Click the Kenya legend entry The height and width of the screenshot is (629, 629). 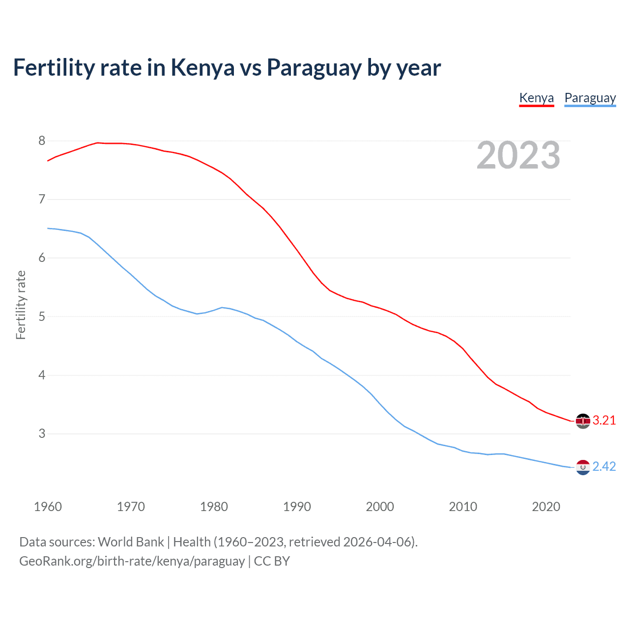coord(536,98)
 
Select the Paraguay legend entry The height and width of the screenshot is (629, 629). coord(590,98)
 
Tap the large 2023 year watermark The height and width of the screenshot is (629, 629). coord(518,155)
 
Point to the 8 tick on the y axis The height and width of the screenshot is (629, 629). coord(42,141)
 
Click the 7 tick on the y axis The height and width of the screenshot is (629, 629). coord(42,200)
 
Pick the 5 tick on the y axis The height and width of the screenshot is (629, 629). coord(42,316)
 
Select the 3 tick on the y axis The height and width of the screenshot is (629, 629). coord(42,433)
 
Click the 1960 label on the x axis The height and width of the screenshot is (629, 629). coord(48,507)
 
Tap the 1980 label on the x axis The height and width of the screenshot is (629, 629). coord(214,507)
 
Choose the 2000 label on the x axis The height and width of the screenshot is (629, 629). coord(380,507)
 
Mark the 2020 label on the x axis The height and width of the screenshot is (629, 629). coord(546,507)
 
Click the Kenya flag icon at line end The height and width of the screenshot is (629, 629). coord(583,421)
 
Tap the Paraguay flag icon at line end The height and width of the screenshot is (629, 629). coord(583,467)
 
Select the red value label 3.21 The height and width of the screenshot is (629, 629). coord(604,421)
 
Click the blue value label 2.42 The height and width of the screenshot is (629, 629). coord(604,467)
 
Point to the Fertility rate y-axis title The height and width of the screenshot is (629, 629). coord(21,305)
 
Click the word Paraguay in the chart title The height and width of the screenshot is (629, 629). coord(314,68)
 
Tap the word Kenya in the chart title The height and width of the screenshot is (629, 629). coord(202,68)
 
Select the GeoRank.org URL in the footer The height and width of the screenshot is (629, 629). coord(132,561)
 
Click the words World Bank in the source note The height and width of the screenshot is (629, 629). coord(131,542)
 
